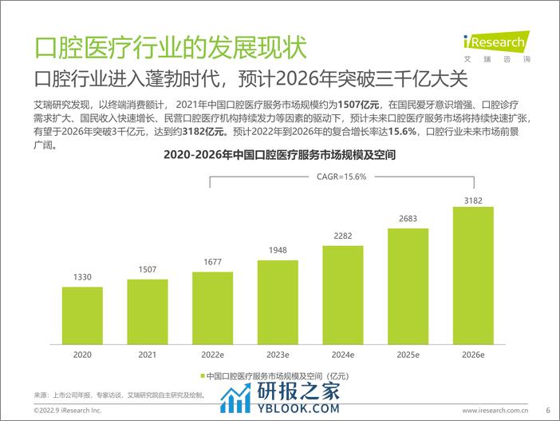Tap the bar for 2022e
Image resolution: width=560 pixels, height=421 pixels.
[213, 306]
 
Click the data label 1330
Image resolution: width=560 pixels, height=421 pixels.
[82, 277]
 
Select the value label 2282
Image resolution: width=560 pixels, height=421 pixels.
[344, 236]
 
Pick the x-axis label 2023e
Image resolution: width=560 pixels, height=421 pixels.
[278, 352]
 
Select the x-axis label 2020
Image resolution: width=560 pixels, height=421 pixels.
[82, 352]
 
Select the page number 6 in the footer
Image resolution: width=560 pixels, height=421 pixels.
[548, 410]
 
